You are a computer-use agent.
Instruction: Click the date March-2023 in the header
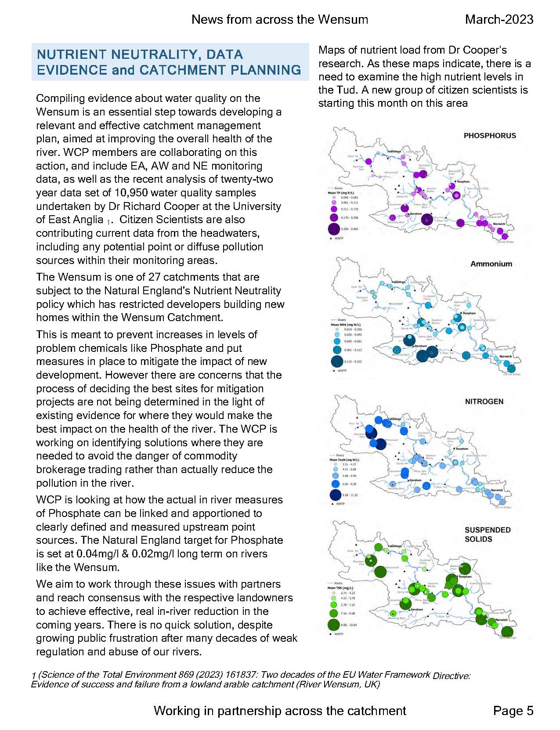point(499,19)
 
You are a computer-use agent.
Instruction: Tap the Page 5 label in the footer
point(513,710)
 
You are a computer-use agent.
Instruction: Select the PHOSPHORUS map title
point(490,136)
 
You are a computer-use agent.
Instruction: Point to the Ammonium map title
point(491,264)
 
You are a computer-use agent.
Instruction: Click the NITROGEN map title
point(484,401)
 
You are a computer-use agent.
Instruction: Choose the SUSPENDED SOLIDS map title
point(488,535)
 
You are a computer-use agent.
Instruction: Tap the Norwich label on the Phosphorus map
point(499,224)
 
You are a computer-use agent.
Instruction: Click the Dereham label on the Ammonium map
point(421,346)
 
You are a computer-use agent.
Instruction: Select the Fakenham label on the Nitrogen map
point(395,419)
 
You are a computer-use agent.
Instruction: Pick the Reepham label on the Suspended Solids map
point(465,577)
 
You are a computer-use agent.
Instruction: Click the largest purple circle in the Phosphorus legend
point(334,229)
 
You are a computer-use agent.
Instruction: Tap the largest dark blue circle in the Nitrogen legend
point(336,495)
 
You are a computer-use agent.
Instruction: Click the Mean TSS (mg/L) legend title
point(340,588)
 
